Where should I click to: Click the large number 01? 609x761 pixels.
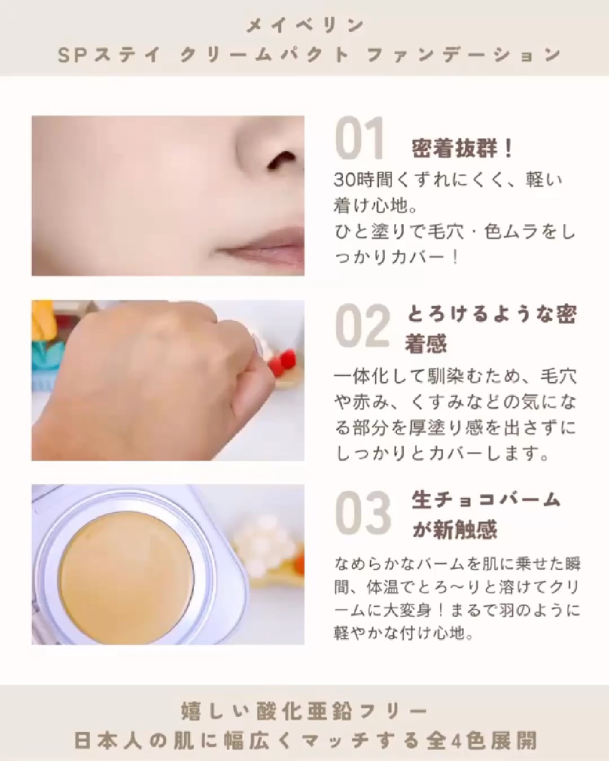[359, 140]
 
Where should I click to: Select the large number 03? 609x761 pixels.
[363, 512]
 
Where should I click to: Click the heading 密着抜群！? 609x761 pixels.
[463, 149]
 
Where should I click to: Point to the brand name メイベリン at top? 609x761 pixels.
[305, 26]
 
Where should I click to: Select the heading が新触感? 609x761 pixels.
[455, 530]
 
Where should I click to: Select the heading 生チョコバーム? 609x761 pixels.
[486, 500]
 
